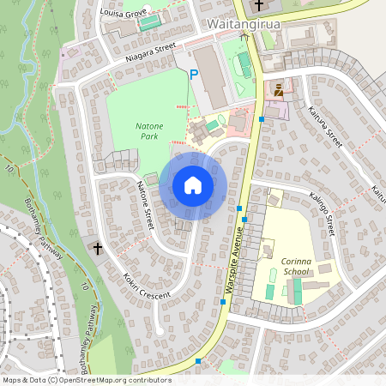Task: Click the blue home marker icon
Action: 193,184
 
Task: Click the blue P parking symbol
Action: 194,76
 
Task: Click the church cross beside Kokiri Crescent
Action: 98,249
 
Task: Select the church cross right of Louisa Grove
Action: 258,5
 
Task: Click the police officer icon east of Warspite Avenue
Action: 278,88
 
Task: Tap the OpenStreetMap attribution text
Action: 86,380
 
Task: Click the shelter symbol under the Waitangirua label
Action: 244,35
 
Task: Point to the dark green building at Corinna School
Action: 297,291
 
